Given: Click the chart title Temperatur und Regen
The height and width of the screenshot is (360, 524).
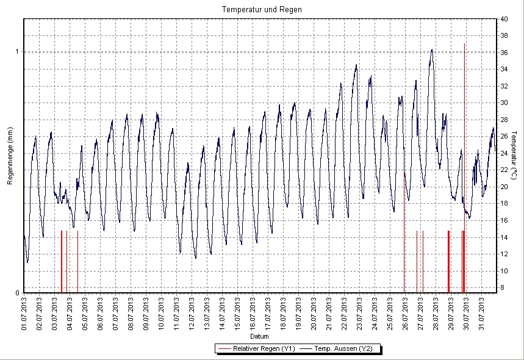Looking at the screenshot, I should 262,10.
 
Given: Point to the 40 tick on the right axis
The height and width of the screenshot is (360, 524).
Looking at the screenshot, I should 504,19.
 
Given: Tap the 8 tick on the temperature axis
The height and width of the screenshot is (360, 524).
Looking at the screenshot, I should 502,287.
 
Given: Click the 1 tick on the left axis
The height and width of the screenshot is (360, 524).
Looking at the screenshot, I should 16,52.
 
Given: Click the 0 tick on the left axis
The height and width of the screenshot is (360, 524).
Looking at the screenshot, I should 16,293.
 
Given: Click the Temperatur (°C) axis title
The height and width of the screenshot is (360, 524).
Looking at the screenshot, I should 514,156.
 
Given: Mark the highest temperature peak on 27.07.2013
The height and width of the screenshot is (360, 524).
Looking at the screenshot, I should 432,50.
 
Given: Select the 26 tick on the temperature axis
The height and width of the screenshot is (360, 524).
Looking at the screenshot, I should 504,136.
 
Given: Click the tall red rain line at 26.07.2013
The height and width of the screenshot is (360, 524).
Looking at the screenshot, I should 404,232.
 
